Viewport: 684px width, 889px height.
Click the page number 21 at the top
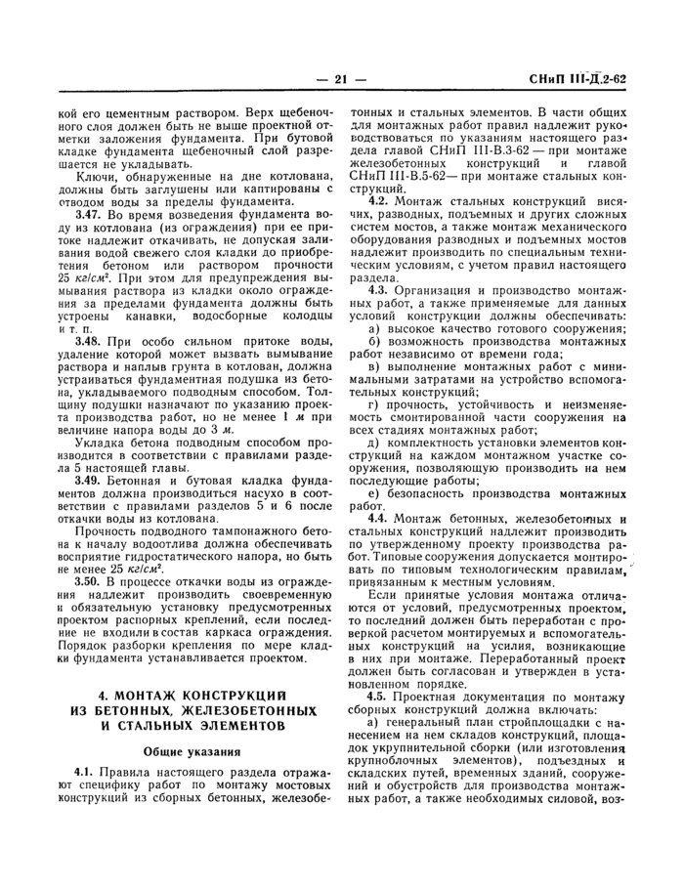tap(341, 79)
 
